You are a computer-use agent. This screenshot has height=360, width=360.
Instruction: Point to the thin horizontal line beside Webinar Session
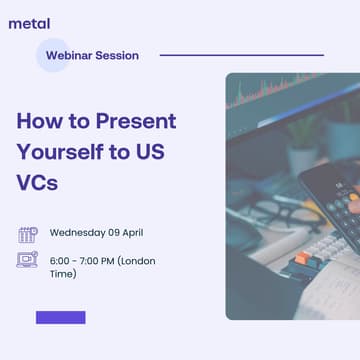point(241,55)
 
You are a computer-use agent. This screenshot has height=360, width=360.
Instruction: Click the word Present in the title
point(136,122)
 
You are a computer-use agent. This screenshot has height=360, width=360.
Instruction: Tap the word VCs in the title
point(37,184)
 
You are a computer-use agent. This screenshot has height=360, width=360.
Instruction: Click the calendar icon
point(27,234)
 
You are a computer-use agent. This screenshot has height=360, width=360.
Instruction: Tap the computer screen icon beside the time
point(27,261)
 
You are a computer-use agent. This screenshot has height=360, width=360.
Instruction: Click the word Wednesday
point(79,233)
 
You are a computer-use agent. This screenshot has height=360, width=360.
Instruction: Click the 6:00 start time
point(61,260)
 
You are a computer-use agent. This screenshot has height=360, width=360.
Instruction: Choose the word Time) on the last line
point(63,273)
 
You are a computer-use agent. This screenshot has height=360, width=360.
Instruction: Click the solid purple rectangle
point(60,318)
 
